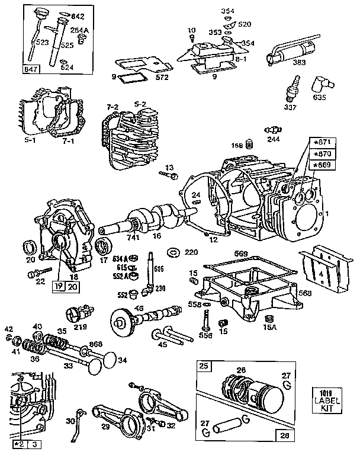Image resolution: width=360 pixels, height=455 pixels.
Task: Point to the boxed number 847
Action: [x=30, y=69]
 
